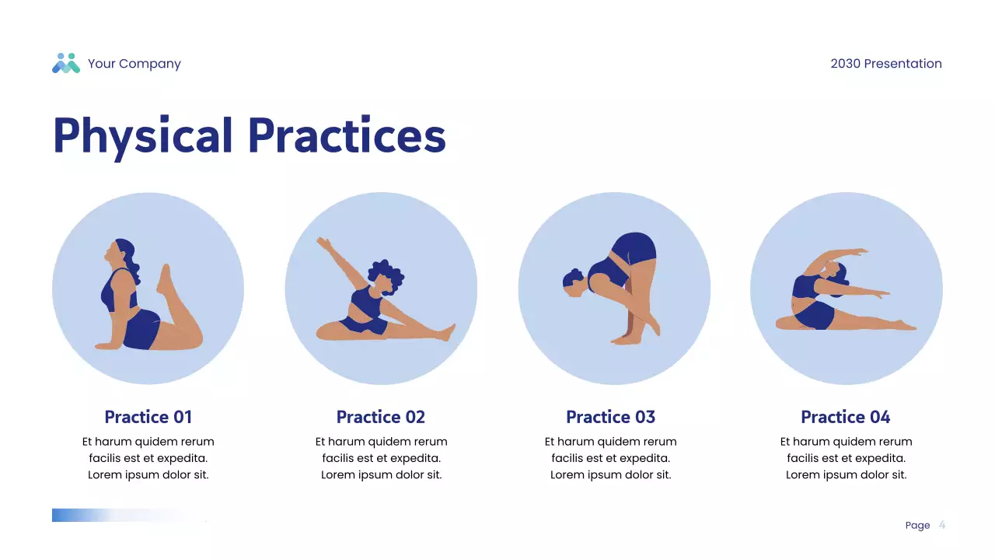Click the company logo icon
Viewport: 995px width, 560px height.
click(x=66, y=64)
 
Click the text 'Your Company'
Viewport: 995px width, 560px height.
click(x=134, y=64)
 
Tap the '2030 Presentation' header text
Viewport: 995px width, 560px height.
click(x=885, y=64)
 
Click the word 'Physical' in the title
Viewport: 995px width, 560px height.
click(x=143, y=135)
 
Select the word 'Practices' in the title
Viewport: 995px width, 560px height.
click(x=347, y=135)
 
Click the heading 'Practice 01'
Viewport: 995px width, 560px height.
click(x=148, y=417)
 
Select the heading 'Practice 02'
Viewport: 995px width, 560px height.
click(x=381, y=417)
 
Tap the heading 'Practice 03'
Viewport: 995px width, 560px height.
click(x=610, y=417)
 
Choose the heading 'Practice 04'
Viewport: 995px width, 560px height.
click(x=845, y=417)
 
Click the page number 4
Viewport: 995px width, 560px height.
click(x=942, y=525)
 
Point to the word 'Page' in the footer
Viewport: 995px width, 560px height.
click(x=917, y=526)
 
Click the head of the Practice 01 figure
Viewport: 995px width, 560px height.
click(x=120, y=254)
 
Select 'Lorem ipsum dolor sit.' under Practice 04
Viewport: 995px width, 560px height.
click(x=846, y=474)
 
